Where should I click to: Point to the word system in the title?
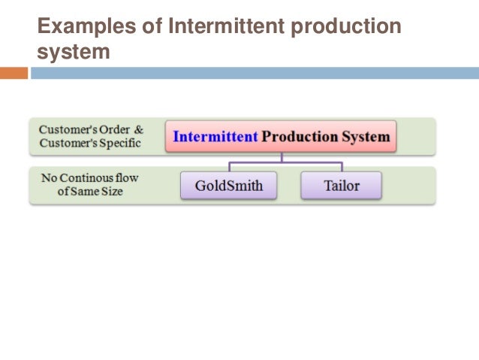coord(74,53)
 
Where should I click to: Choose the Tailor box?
coord(341,186)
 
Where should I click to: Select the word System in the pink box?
coord(366,137)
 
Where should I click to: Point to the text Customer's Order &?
coord(91,129)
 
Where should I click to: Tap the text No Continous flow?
coord(91,178)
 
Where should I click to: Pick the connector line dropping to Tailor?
coord(342,167)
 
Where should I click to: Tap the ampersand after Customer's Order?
coord(138,129)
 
